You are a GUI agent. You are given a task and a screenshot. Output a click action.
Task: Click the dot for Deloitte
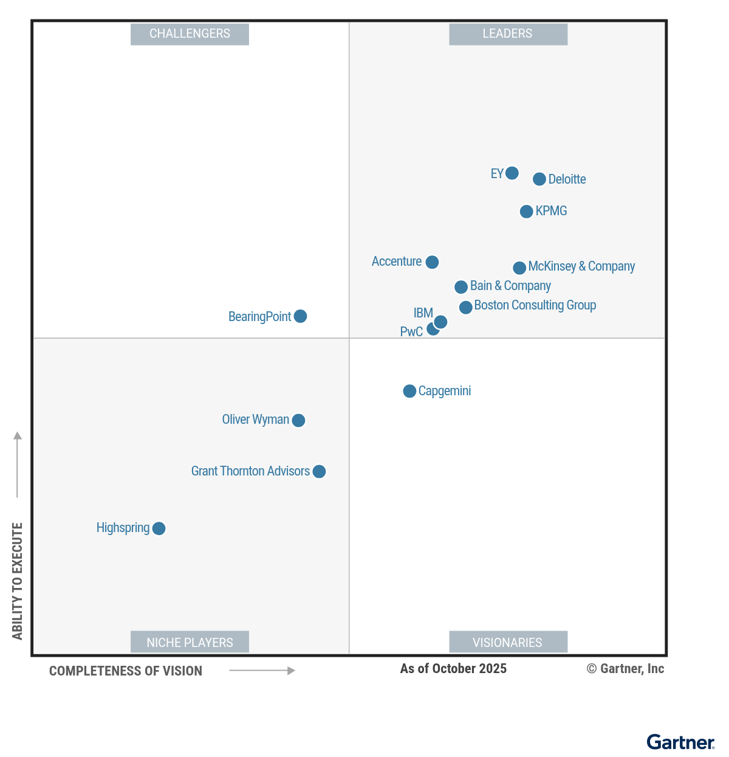tap(539, 179)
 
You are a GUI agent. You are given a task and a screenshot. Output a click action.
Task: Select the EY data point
tap(512, 173)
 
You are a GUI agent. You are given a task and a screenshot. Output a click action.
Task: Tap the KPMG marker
tap(526, 212)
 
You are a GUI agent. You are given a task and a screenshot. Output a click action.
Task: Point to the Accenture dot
tap(432, 262)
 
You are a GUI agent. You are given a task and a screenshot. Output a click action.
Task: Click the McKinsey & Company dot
tap(519, 268)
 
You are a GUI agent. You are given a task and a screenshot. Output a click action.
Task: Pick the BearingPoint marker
tap(300, 316)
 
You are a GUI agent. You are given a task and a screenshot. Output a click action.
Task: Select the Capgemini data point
tap(409, 391)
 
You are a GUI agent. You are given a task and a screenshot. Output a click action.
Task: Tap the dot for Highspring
tap(159, 528)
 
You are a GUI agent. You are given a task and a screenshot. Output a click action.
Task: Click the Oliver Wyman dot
tap(298, 420)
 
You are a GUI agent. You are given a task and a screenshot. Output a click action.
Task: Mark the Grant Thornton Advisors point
tap(319, 471)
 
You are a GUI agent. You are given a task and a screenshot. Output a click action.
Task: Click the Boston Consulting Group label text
tap(535, 305)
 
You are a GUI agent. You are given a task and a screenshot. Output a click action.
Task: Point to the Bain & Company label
tap(510, 286)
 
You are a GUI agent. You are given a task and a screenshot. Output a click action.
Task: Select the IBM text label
tap(423, 313)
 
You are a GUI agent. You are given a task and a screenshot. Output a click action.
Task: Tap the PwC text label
tap(411, 332)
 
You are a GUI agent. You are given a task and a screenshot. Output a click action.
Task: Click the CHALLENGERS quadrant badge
tap(190, 34)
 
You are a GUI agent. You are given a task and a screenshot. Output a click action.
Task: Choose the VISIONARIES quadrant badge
tap(508, 642)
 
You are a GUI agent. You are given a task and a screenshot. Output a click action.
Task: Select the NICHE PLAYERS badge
tap(190, 642)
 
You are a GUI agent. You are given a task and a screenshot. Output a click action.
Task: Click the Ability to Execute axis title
tap(18, 581)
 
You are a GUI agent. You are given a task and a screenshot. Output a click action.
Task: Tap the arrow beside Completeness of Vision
tap(262, 671)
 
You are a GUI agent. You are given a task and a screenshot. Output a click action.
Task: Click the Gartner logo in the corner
tap(680, 742)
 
